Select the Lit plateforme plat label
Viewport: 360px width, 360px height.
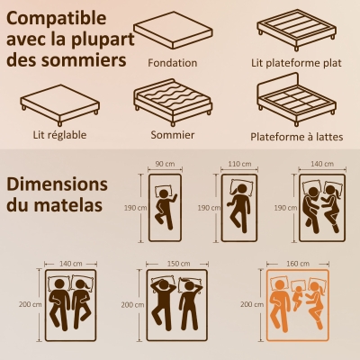(294, 64)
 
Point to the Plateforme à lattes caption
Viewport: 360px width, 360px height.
(294, 137)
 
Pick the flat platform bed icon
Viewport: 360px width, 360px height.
(294, 32)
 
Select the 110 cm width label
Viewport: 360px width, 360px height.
(239, 165)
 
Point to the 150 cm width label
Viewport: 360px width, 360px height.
(178, 263)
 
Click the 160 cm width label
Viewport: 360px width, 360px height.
(297, 263)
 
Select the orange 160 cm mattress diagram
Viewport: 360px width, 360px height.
(297, 305)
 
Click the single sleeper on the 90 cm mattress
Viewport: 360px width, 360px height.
(165, 208)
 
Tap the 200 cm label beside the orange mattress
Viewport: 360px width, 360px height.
(254, 305)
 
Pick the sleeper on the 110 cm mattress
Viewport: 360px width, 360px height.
(240, 207)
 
